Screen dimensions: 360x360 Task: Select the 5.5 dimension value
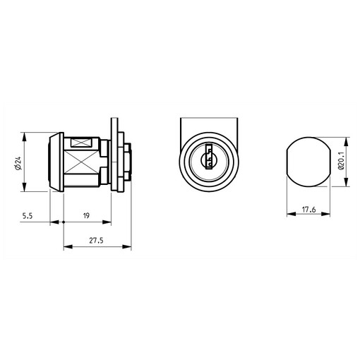point(28,216)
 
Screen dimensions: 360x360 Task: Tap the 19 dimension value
point(86,215)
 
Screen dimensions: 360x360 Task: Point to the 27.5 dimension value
point(96,241)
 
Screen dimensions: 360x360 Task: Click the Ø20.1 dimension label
point(341,160)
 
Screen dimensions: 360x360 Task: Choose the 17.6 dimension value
point(308,210)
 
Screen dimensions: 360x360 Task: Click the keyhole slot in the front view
point(208,157)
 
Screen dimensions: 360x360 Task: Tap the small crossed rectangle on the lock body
point(81,143)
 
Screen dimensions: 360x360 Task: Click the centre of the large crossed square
point(80,162)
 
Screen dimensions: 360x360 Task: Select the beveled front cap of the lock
point(56,162)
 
